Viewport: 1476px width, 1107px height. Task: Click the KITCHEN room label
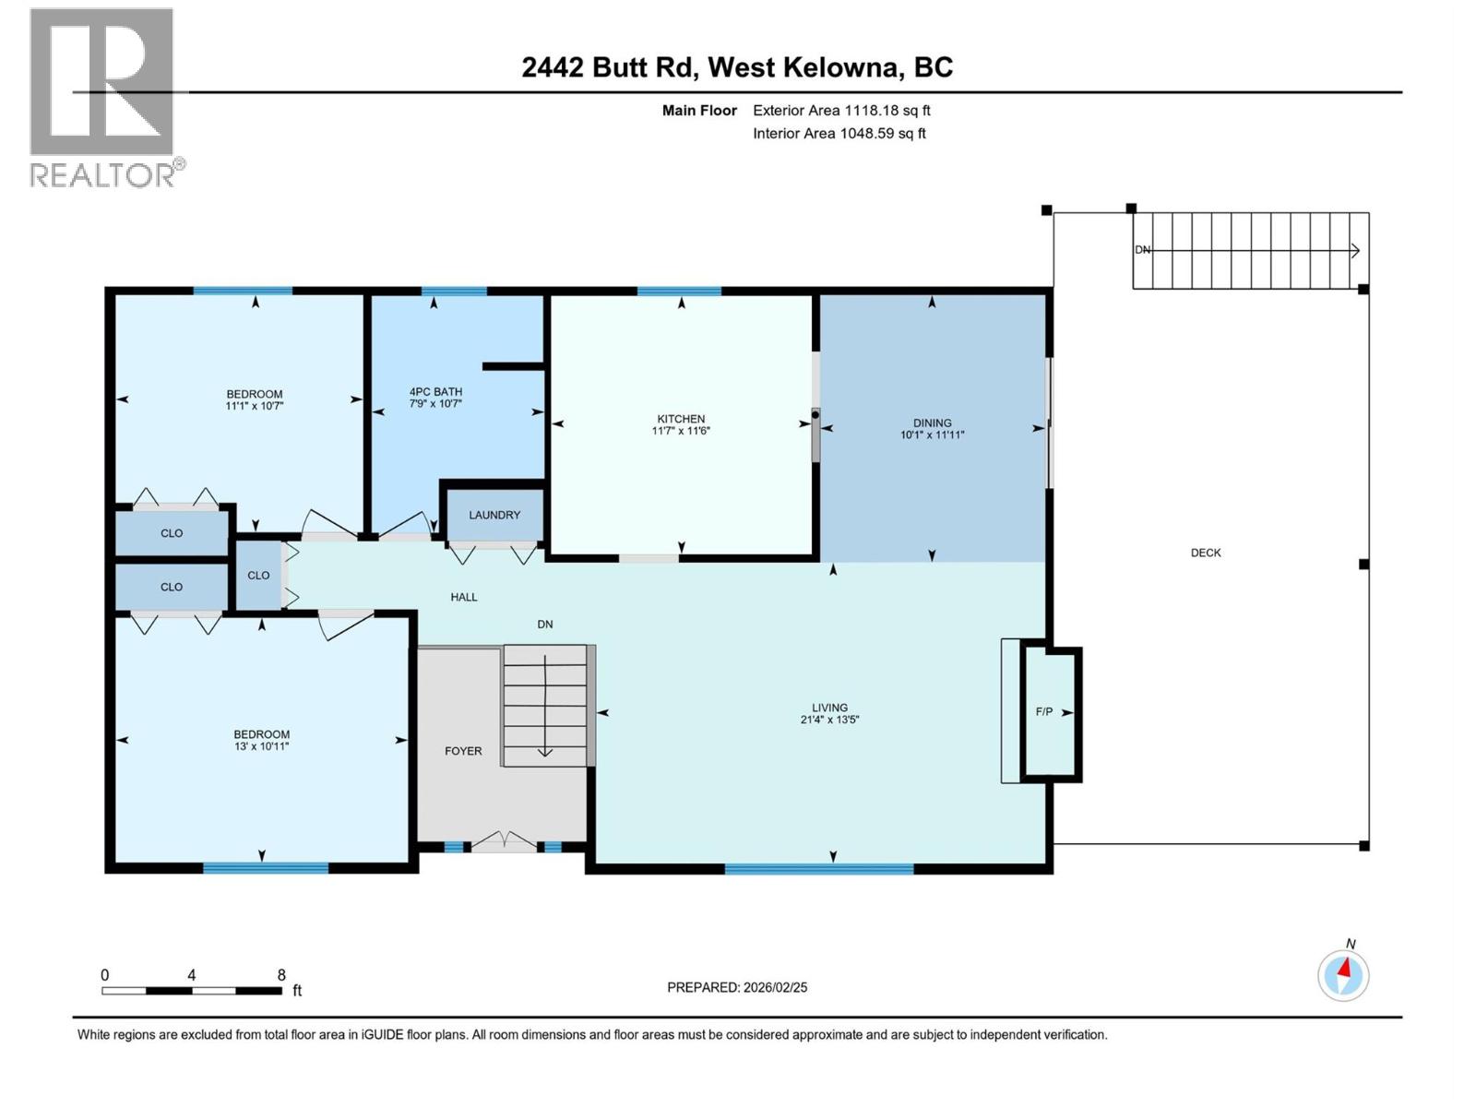[681, 419]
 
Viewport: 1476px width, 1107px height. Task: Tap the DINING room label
[932, 423]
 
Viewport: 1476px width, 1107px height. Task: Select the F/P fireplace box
[1050, 712]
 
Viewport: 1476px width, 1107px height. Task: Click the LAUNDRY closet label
[494, 515]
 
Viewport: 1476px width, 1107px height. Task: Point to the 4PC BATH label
[435, 392]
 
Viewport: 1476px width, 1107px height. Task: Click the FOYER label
[463, 751]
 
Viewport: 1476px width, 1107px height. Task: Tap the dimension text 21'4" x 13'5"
[829, 720]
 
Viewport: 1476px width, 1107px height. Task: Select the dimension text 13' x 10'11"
[261, 746]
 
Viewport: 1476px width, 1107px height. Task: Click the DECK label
[1205, 553]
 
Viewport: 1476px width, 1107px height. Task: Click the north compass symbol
[1343, 974]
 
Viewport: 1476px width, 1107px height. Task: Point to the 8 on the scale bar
[281, 975]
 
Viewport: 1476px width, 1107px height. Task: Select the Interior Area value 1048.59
[866, 134]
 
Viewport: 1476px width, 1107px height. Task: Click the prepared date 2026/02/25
[774, 987]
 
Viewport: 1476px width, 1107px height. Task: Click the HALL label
[464, 597]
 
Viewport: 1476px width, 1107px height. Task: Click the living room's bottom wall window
[819, 868]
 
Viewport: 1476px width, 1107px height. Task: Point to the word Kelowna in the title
[840, 67]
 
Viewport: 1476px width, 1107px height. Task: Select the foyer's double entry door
[504, 842]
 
